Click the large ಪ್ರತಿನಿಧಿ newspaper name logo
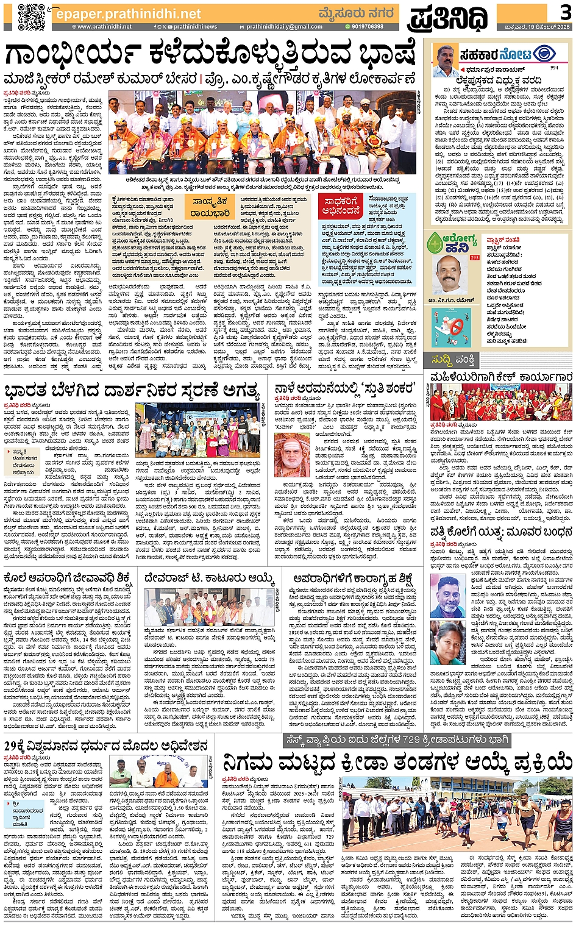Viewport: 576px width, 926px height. coord(447,18)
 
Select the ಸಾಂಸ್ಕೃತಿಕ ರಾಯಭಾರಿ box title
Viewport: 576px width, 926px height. coord(210,207)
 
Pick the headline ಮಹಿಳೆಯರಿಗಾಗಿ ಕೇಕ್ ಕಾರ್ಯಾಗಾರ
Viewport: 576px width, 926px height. coord(501,377)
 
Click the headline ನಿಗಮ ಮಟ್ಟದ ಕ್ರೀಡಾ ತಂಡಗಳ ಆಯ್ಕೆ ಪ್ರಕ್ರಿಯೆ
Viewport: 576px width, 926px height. coord(397,763)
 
